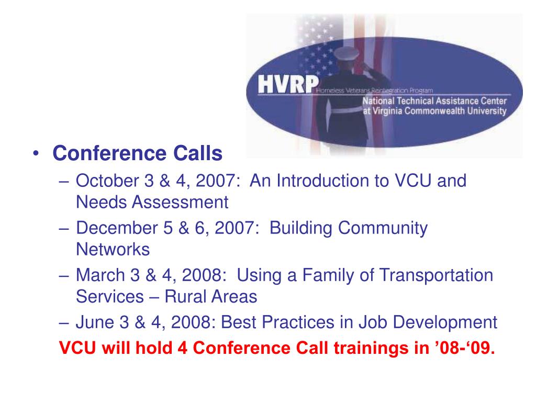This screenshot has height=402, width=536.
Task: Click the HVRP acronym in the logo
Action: coord(285,85)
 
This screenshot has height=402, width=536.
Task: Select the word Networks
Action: coord(113,249)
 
